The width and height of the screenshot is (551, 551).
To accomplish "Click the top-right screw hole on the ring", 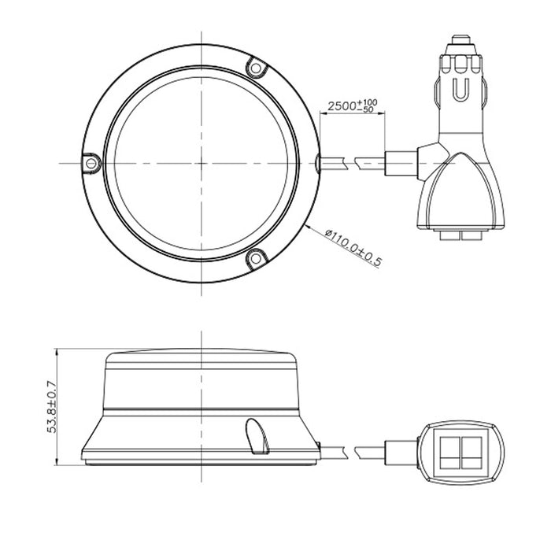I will coord(253,69).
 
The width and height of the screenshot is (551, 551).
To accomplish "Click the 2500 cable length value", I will coord(341,105).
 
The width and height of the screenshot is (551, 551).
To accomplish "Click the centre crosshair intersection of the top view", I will coord(202,162).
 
